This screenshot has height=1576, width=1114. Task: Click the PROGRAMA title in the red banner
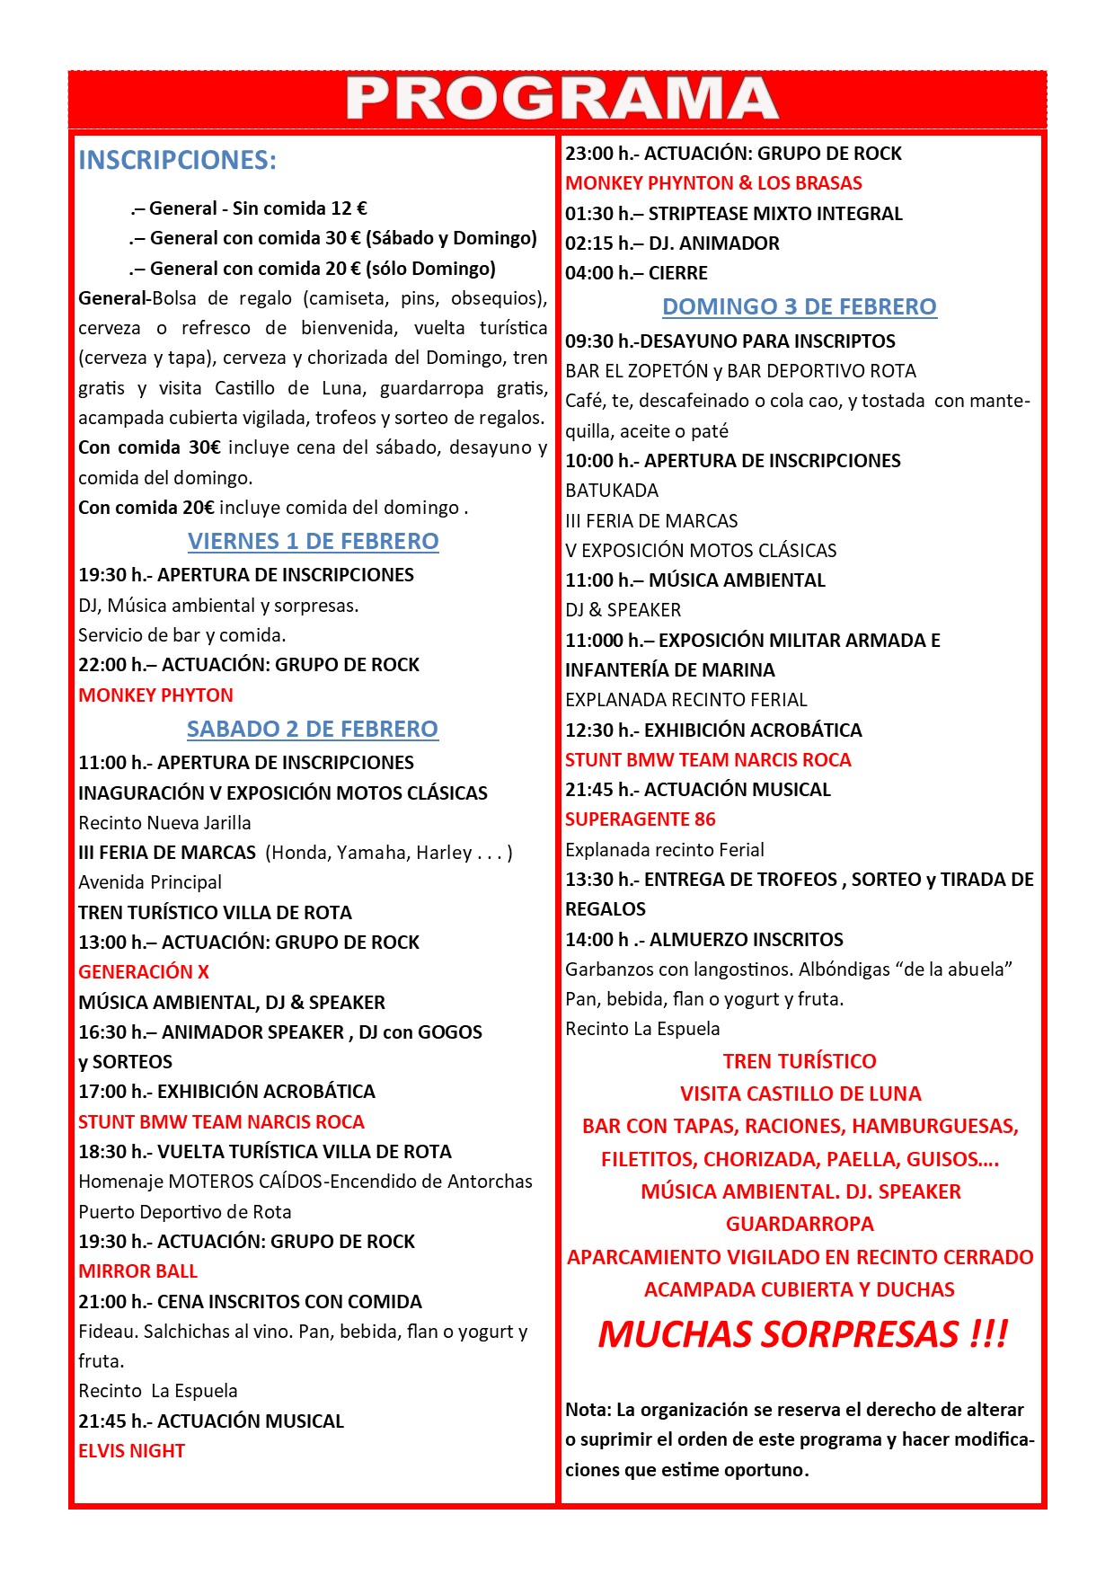point(561,98)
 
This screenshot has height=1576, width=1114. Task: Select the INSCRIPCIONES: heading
point(177,160)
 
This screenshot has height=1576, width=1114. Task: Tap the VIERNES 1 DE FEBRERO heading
point(313,541)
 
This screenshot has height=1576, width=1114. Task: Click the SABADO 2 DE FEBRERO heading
point(312,729)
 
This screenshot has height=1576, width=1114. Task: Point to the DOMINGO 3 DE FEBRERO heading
point(799,306)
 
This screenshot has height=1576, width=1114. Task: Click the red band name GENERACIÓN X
point(144,972)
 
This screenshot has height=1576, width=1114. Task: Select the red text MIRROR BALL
point(137,1271)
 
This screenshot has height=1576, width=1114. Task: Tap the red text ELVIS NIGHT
point(131,1451)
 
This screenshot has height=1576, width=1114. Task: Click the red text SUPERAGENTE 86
point(640,819)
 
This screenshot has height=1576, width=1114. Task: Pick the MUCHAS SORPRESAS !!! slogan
point(802,1334)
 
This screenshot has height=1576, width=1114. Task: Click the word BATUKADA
point(611,491)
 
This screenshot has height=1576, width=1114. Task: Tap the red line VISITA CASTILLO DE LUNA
point(800,1094)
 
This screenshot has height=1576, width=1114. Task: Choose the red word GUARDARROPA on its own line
point(800,1225)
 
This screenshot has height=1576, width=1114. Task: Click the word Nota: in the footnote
point(588,1410)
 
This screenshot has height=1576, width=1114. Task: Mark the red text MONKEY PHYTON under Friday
point(155,695)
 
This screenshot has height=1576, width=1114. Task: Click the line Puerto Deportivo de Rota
point(184,1212)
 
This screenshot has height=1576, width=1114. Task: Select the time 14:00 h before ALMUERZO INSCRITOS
point(597,940)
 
